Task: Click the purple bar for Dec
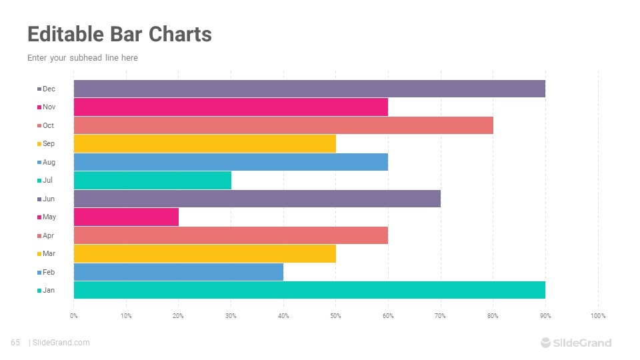click(309, 89)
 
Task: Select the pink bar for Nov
click(231, 107)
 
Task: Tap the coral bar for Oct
click(283, 125)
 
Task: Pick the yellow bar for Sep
click(205, 143)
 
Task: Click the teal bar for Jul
click(152, 180)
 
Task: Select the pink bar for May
click(126, 217)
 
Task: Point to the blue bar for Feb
click(178, 272)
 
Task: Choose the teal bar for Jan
click(309, 290)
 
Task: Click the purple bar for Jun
click(257, 199)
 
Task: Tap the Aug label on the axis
click(49, 162)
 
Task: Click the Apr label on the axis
click(48, 235)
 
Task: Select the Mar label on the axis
click(48, 253)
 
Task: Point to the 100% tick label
click(597, 315)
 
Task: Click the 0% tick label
click(74, 315)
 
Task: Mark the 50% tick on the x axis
click(336, 315)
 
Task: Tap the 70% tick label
click(441, 315)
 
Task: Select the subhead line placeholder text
click(83, 58)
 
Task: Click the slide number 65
click(15, 343)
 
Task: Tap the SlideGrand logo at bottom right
click(575, 343)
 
